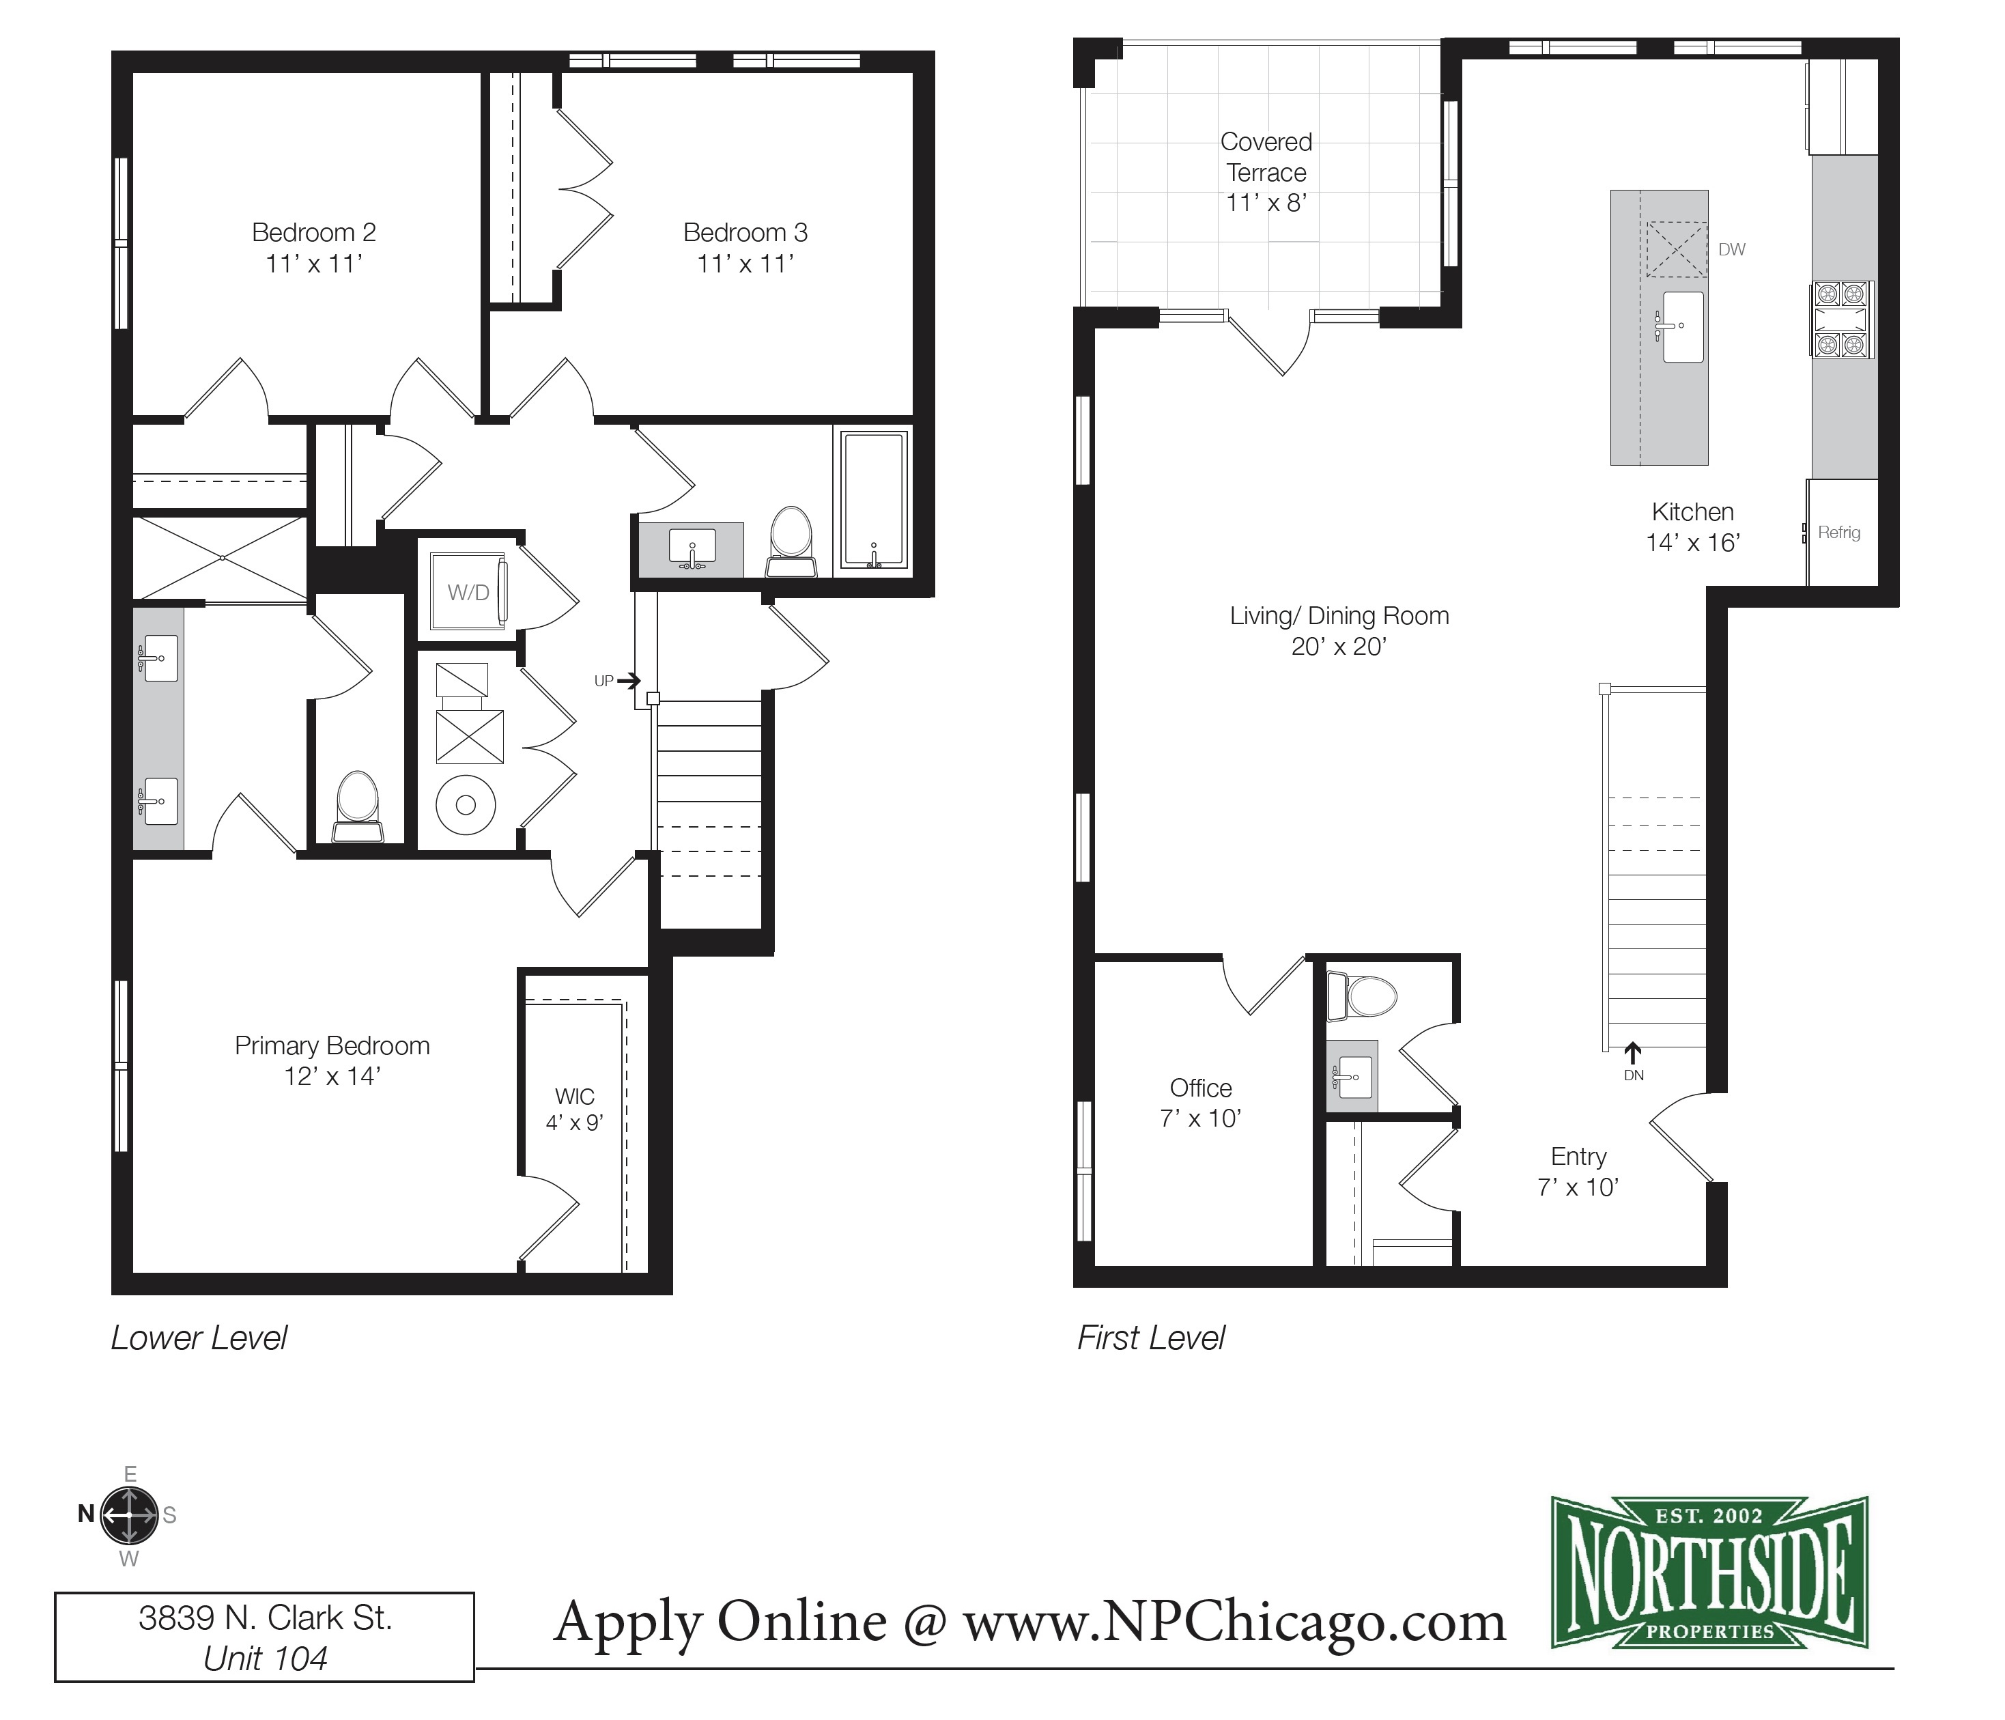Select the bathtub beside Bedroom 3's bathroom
(874, 501)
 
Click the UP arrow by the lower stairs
(628, 681)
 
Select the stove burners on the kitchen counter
(1840, 320)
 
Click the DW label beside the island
(1731, 250)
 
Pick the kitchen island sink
(1682, 326)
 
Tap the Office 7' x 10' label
(1200, 1103)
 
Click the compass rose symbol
(129, 1514)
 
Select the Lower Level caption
(199, 1338)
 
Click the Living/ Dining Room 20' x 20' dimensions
(1338, 647)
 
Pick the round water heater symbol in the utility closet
(466, 804)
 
